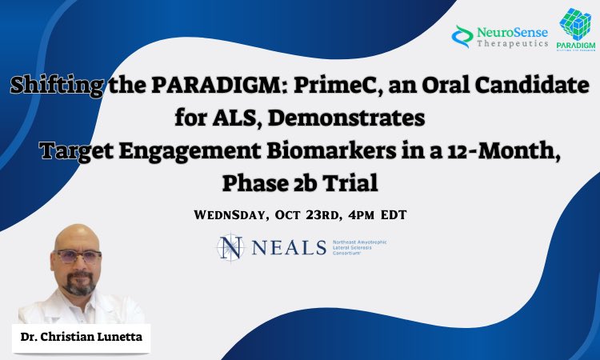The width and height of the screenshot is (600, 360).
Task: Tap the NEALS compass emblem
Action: pyautogui.click(x=231, y=247)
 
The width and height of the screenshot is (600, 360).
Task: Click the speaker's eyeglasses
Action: pyautogui.click(x=79, y=257)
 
